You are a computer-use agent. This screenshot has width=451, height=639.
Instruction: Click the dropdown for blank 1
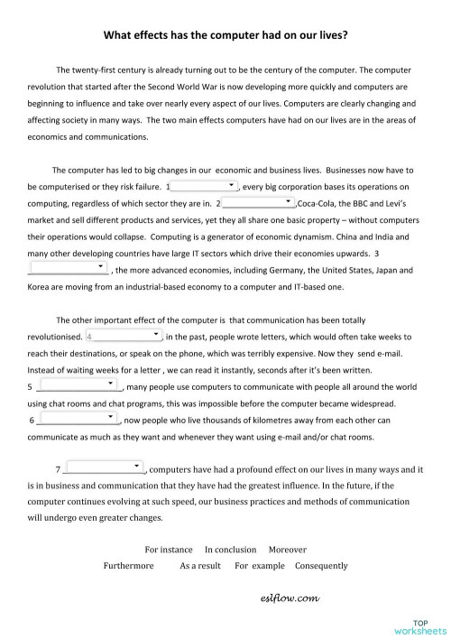click(204, 186)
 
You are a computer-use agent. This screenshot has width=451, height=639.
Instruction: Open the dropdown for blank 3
click(68, 268)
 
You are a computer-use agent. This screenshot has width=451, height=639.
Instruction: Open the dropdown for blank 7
click(105, 468)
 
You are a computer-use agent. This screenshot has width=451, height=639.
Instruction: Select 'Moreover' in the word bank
click(288, 549)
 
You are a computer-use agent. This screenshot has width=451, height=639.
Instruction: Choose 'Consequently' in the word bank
click(321, 566)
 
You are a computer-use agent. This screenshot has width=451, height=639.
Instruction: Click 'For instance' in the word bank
click(169, 549)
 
